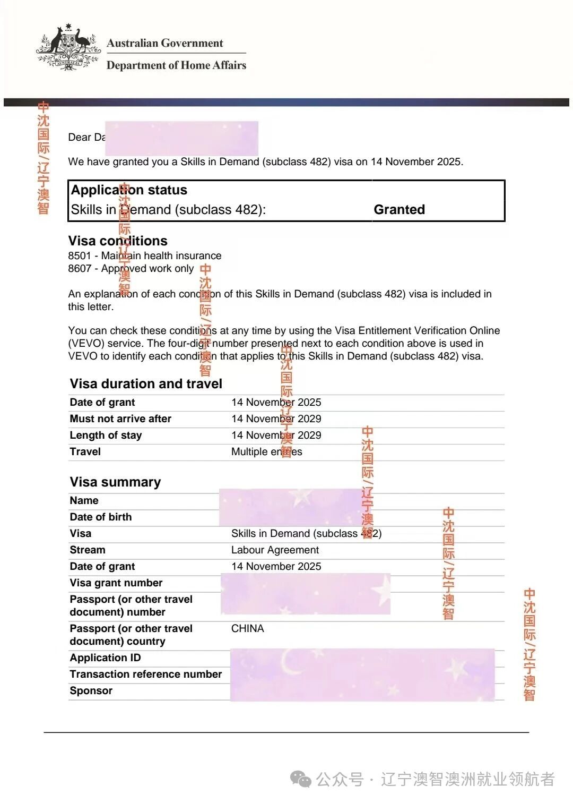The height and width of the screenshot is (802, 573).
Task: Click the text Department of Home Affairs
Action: click(176, 65)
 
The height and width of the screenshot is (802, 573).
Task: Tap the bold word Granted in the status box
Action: click(399, 210)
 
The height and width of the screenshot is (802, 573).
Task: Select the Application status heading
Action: click(129, 190)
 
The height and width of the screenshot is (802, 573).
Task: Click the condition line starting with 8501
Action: click(144, 255)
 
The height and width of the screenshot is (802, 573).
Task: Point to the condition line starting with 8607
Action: click(131, 269)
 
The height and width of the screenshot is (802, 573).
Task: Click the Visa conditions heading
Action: click(117, 241)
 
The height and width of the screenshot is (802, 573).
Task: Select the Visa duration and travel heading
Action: click(146, 383)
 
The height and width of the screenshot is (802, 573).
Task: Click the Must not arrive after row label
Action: click(120, 419)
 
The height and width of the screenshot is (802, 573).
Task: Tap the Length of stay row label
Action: click(106, 435)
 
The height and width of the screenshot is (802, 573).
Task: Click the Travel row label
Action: click(85, 451)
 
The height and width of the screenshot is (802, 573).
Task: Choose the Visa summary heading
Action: click(115, 482)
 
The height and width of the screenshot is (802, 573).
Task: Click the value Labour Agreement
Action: click(275, 550)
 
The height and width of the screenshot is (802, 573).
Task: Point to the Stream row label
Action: click(88, 550)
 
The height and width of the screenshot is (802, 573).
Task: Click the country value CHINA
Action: click(247, 628)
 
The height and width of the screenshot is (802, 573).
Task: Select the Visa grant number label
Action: click(116, 583)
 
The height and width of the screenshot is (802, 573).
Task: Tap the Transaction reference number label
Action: click(145, 674)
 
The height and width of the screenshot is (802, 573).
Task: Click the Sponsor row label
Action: click(91, 690)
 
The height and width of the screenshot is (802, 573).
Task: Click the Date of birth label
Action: click(100, 517)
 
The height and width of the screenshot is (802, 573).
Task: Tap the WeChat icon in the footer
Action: click(301, 779)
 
